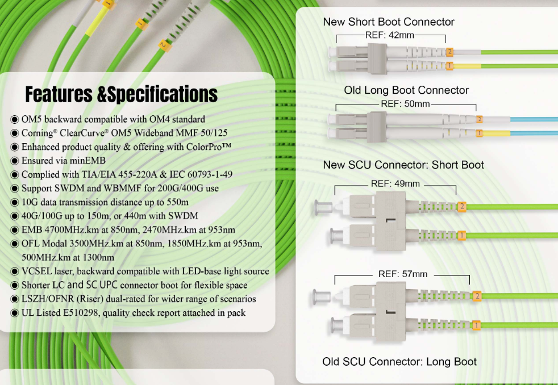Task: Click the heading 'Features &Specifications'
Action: pyautogui.click(x=121, y=94)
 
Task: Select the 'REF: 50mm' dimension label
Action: pyautogui.click(x=405, y=104)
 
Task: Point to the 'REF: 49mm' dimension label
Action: pyautogui.click(x=395, y=184)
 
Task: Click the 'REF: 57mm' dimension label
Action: pyautogui.click(x=402, y=274)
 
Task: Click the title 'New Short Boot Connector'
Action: pyautogui.click(x=389, y=22)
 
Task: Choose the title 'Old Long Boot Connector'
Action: pyautogui.click(x=406, y=90)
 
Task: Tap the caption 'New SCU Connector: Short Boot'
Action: pyautogui.click(x=403, y=165)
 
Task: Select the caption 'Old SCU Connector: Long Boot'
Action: pyautogui.click(x=399, y=362)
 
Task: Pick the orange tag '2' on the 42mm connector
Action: pyautogui.click(x=449, y=52)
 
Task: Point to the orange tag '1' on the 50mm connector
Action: pyautogui.click(x=479, y=133)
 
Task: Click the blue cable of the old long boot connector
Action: pyautogui.click(x=523, y=120)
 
